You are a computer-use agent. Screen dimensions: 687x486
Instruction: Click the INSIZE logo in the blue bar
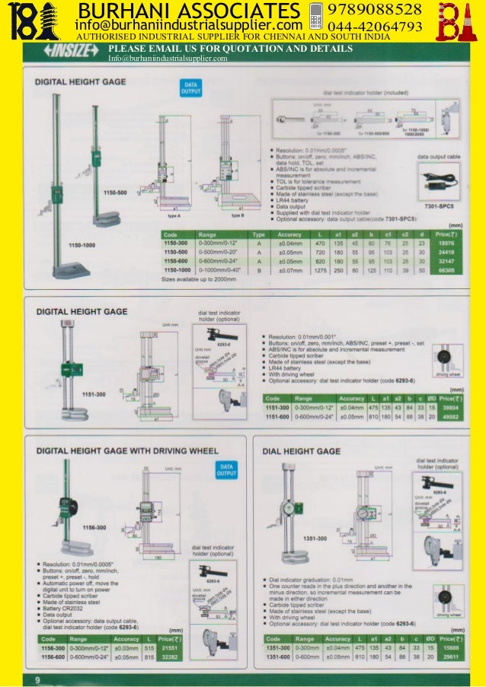point(74,49)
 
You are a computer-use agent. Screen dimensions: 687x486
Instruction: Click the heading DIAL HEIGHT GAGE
point(301,451)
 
